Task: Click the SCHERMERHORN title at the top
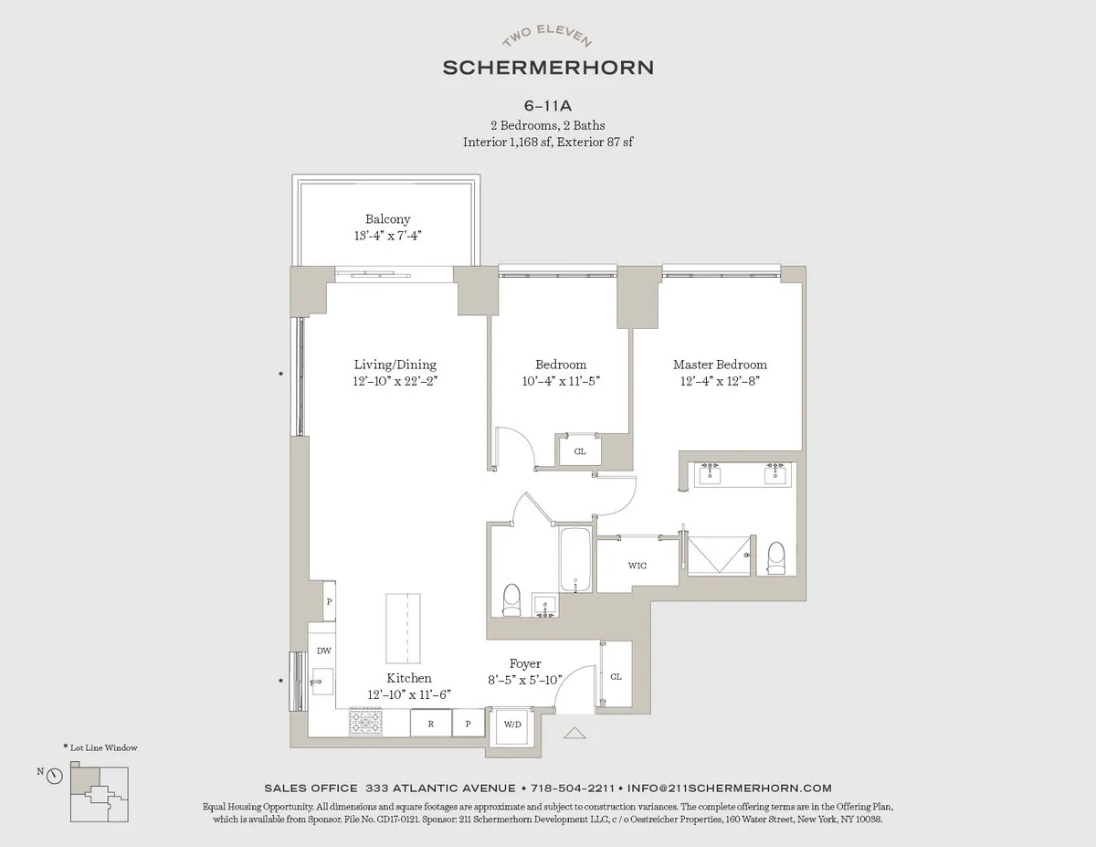(x=547, y=68)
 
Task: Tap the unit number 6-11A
(x=548, y=106)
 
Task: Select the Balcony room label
(x=388, y=219)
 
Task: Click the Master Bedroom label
(x=720, y=365)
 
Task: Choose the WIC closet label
(x=638, y=566)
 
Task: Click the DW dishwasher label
(x=323, y=651)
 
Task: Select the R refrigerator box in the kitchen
(x=428, y=724)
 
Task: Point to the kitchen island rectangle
(x=405, y=629)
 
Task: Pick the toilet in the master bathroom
(x=776, y=558)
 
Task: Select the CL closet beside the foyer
(x=616, y=676)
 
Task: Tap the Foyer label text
(x=525, y=663)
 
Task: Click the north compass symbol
(x=54, y=776)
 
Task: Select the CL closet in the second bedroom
(x=580, y=451)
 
